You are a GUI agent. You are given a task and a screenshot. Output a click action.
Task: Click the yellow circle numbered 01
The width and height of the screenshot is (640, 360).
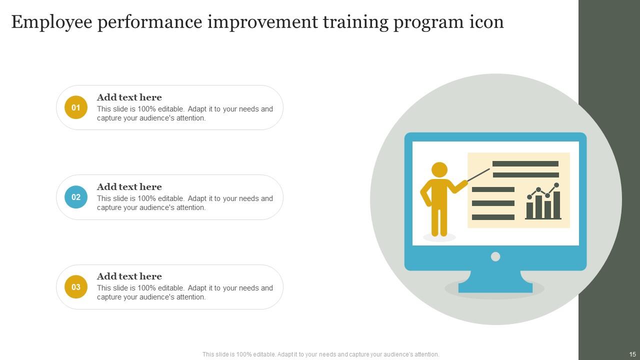76,107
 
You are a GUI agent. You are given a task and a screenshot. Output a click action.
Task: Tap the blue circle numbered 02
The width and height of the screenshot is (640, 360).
76,197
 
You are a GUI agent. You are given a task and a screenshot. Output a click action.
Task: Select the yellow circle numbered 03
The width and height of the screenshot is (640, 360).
76,287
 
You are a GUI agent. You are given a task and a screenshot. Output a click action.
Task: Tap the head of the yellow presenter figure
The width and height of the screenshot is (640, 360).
439,169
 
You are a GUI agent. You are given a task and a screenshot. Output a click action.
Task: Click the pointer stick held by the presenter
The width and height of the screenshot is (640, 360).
478,174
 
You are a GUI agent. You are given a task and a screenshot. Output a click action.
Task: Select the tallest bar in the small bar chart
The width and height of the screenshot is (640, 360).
556,204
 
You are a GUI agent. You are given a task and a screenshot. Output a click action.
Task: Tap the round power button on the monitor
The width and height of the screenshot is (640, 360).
495,256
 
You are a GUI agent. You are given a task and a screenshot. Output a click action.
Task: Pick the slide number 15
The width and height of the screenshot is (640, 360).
632,354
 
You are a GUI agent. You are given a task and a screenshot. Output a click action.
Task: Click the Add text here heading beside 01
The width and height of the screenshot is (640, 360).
129,97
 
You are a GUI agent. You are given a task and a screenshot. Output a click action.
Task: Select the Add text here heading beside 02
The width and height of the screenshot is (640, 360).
129,187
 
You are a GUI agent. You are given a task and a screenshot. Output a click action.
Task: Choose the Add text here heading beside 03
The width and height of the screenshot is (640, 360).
129,276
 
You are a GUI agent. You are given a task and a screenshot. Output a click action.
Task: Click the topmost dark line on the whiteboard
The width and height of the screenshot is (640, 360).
525,163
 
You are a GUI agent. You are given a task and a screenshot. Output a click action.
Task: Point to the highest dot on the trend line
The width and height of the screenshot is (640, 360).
556,185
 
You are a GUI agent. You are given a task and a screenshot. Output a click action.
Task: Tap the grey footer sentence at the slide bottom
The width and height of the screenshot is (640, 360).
320,354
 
